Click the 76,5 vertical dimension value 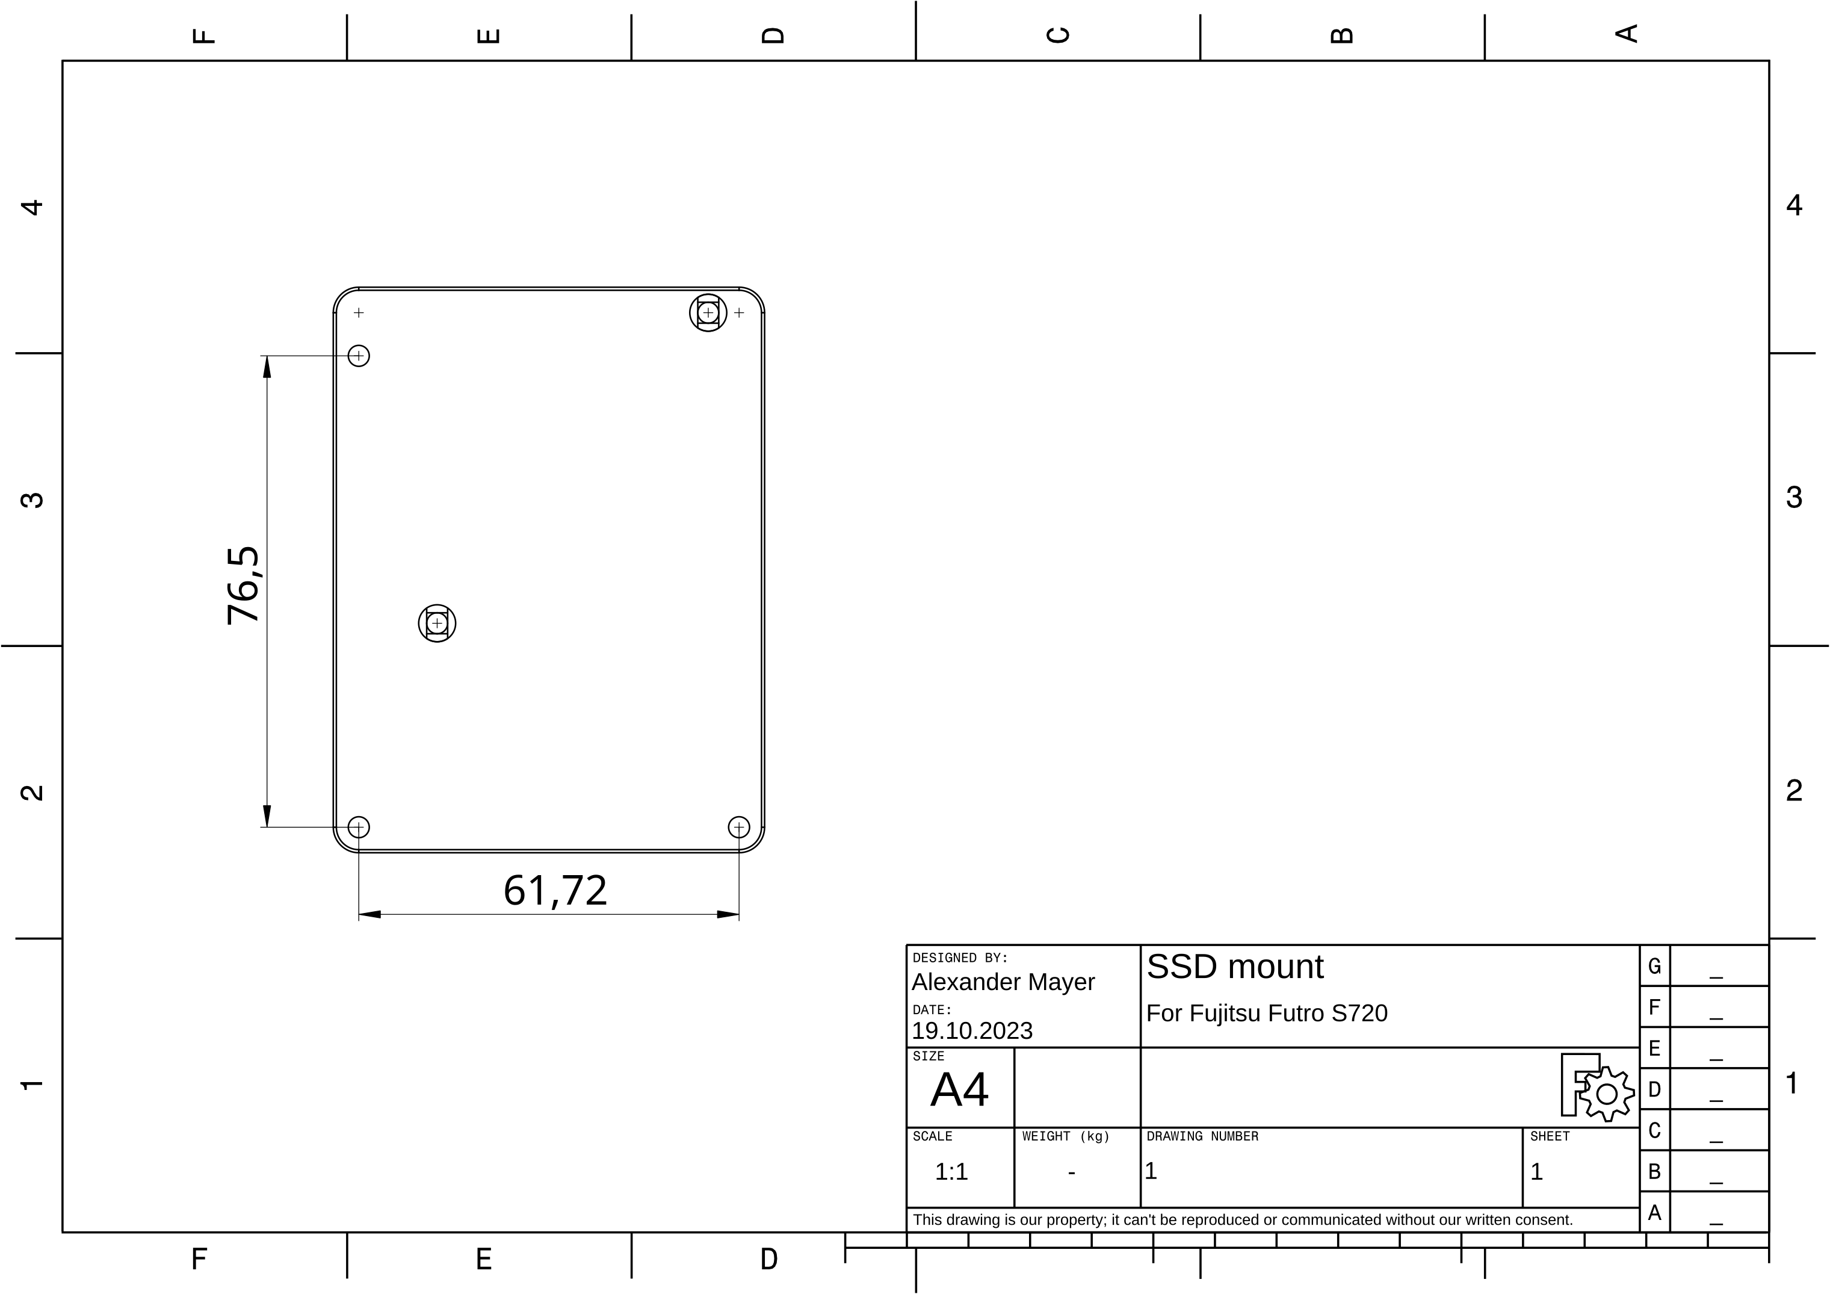pos(243,584)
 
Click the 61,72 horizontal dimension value pos(555,891)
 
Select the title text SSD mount pos(1235,967)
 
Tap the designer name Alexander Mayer pos(1003,982)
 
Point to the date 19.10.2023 pos(972,1031)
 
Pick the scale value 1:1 pos(951,1172)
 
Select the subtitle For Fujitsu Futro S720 pos(1267,1014)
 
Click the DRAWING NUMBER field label pos(1202,1136)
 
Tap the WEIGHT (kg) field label pos(1066,1136)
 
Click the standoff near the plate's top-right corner pos(708,312)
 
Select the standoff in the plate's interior pos(437,623)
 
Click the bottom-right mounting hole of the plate pos(739,828)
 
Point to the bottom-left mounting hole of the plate pos(359,828)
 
